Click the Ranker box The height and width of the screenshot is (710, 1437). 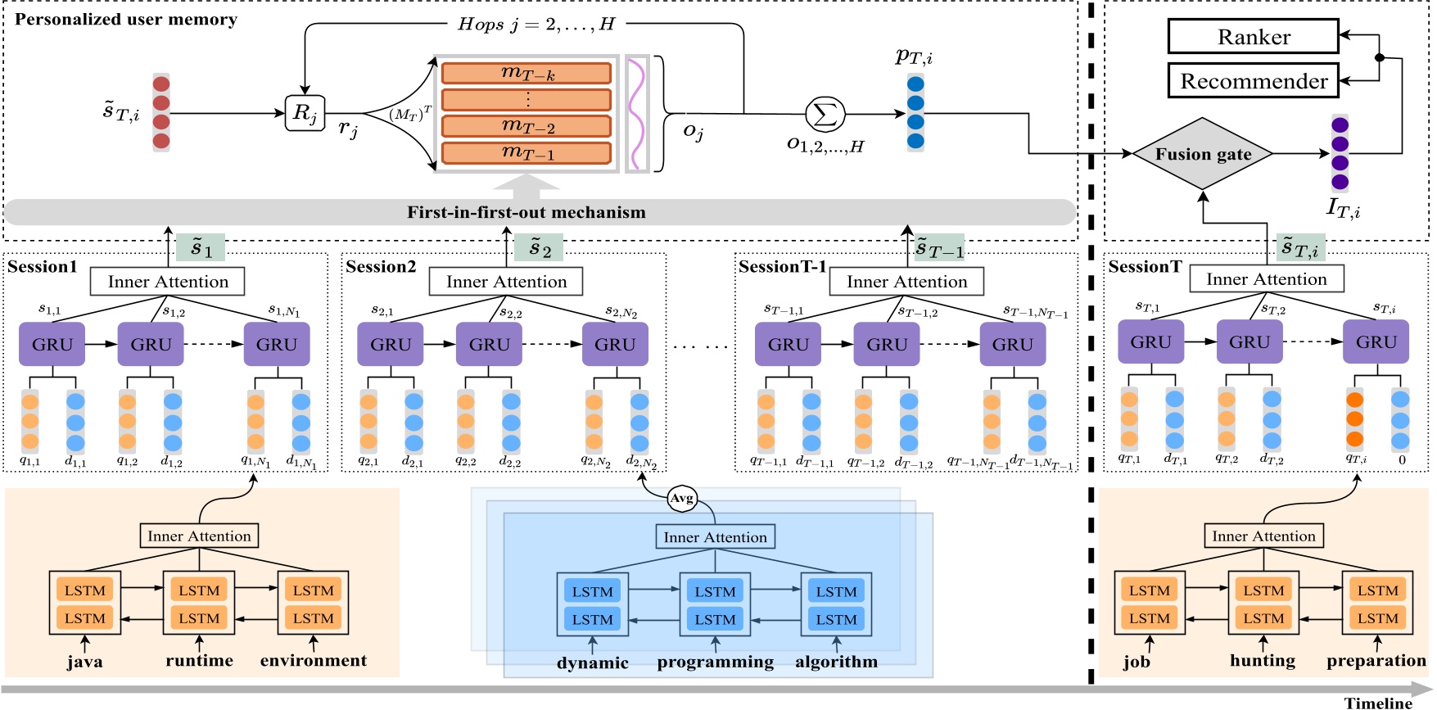pos(1253,37)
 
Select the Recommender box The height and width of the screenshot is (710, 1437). pos(1253,81)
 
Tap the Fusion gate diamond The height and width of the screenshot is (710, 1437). pos(1203,154)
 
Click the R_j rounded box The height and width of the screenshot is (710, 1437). pos(304,113)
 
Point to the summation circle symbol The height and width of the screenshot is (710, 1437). pos(825,114)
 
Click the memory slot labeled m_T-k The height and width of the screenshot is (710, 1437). pos(526,74)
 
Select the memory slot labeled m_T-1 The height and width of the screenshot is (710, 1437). pos(526,153)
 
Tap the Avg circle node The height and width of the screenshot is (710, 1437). pos(681,498)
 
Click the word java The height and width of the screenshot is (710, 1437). pos(84,662)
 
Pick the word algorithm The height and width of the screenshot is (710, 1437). pos(836,662)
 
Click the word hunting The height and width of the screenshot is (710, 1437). pos(1262,661)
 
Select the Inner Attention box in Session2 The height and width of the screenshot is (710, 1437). pos(506,282)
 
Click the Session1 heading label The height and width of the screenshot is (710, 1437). pos(43,267)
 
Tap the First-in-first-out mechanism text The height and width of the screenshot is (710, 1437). pos(526,213)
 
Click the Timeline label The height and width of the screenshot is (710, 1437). pos(1378,703)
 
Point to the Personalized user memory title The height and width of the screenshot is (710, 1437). pos(126,20)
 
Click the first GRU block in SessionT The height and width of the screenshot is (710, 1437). pos(1150,342)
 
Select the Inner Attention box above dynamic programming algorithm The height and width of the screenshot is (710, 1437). pos(715,537)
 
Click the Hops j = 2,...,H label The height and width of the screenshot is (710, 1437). pos(535,25)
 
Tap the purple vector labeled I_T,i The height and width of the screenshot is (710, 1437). pos(1340,153)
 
